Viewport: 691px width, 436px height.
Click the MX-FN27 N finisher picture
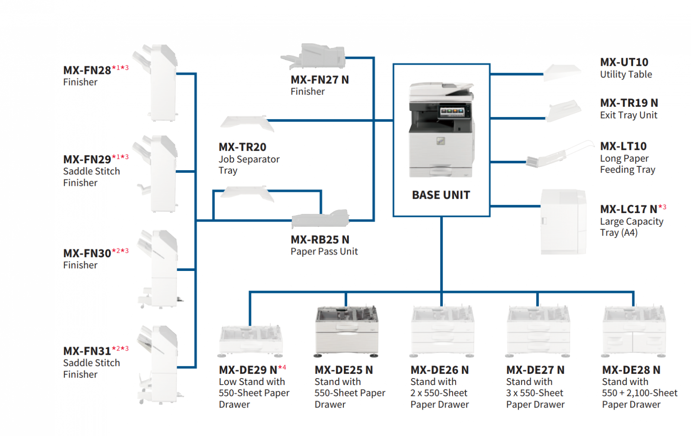point(315,57)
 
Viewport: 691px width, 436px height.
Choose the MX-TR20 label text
point(242,147)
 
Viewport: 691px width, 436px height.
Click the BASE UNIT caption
point(441,195)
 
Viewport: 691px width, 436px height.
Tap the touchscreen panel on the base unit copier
point(452,111)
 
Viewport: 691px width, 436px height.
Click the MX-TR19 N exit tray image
point(564,111)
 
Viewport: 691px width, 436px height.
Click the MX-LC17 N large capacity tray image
point(563,222)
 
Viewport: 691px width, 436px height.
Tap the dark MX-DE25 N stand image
point(347,331)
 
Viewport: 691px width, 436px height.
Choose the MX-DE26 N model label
point(440,370)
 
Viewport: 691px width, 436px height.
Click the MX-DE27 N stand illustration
point(538,331)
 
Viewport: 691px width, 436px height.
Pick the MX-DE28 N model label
point(631,370)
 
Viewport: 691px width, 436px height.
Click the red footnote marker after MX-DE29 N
point(282,368)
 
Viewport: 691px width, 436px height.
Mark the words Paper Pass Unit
point(324,251)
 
